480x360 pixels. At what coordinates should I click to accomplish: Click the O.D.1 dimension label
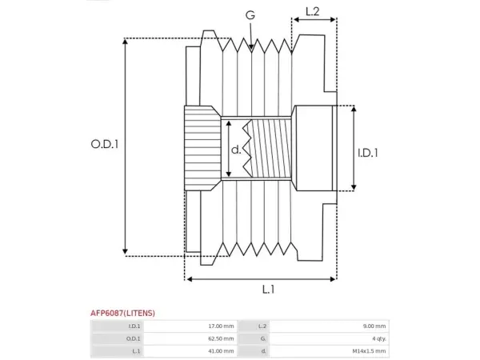coord(104,144)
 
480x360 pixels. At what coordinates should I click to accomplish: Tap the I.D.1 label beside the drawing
coord(368,153)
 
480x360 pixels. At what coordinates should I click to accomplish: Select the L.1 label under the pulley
coord(269,290)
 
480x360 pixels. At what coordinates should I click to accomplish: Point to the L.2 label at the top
coord(313,12)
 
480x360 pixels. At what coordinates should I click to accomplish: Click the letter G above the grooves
coord(250,15)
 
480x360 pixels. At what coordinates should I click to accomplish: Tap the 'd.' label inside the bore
coord(236,150)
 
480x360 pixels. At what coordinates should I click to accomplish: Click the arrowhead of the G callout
coord(251,47)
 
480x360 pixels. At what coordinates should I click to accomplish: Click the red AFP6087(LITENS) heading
coord(122,313)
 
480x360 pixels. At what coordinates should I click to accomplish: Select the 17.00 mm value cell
coord(190,326)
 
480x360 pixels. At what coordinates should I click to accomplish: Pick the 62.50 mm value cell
coord(190,338)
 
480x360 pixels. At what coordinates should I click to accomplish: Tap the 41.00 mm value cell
coord(190,351)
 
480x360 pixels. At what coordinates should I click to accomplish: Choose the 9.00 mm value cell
coord(330,326)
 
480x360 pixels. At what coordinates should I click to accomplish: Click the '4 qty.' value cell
coord(330,338)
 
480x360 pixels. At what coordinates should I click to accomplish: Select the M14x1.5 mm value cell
coord(330,351)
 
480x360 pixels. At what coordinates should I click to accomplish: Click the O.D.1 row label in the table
coord(134,339)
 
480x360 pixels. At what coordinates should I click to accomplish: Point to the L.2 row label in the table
coord(262,326)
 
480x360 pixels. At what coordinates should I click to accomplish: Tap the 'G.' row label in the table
coord(263,339)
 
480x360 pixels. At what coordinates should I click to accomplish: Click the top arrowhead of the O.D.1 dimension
coord(125,42)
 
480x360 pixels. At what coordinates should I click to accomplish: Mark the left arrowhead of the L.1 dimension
coord(190,279)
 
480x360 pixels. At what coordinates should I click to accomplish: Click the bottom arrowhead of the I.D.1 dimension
coord(354,186)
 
